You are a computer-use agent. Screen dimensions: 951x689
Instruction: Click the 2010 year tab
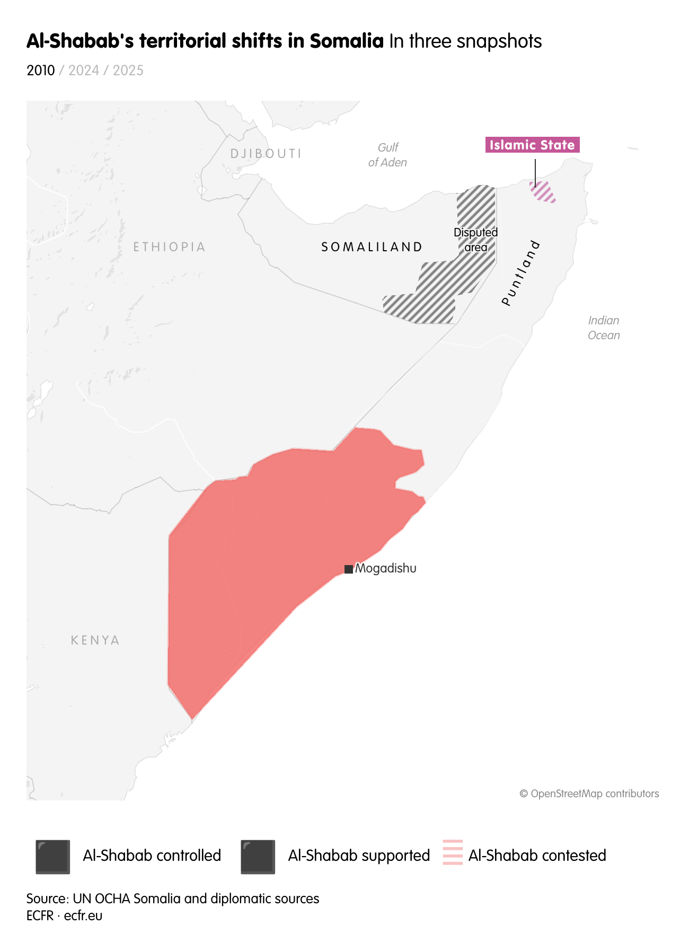pos(40,71)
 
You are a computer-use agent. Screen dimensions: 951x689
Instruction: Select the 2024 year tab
pos(84,71)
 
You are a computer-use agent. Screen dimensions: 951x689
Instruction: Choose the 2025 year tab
pos(128,71)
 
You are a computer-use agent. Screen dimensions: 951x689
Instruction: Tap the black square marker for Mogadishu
pos(348,569)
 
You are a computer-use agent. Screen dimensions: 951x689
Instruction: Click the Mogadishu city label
pos(386,568)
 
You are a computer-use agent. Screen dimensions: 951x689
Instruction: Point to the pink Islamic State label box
pos(532,145)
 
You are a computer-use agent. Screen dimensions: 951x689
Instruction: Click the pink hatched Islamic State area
pos(542,191)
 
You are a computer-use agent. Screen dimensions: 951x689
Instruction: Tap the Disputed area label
pos(476,240)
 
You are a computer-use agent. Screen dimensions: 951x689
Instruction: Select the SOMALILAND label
pos(372,246)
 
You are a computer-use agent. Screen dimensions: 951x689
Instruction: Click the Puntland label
pos(520,273)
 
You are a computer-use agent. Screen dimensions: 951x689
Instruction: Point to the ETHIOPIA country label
pos(169,246)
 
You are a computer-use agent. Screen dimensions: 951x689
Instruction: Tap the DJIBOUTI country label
pos(266,154)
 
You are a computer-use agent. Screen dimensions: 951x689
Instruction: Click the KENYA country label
pos(95,640)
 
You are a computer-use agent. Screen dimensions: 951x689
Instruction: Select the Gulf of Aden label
pos(387,155)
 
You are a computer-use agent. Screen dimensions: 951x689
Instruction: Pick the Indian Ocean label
pos(604,328)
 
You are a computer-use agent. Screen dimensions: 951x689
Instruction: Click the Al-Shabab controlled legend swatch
pos(53,856)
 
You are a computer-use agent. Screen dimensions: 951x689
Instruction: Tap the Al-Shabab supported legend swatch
pos(258,856)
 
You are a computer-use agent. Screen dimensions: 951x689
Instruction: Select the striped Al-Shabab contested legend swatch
pos(453,852)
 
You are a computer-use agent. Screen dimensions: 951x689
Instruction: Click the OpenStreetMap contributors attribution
pos(589,794)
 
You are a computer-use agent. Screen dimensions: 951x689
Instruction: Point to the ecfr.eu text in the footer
pos(83,915)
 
